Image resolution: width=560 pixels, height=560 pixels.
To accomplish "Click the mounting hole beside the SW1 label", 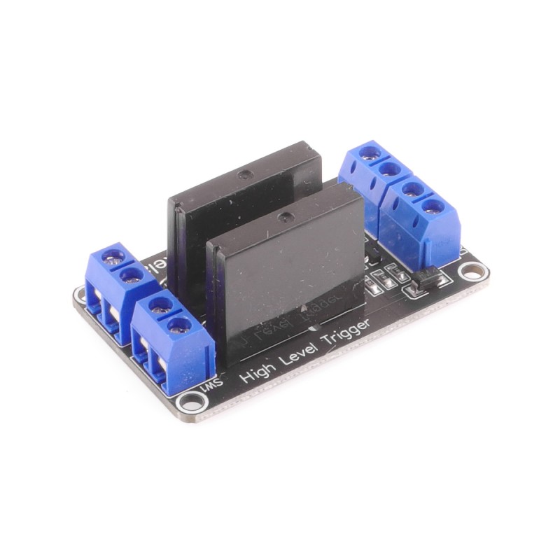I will [190, 401].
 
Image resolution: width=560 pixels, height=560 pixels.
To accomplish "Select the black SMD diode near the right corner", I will [428, 280].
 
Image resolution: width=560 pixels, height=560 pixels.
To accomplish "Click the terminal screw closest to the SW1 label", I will [179, 325].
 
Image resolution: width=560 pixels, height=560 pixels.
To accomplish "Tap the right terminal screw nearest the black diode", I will [434, 206].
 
